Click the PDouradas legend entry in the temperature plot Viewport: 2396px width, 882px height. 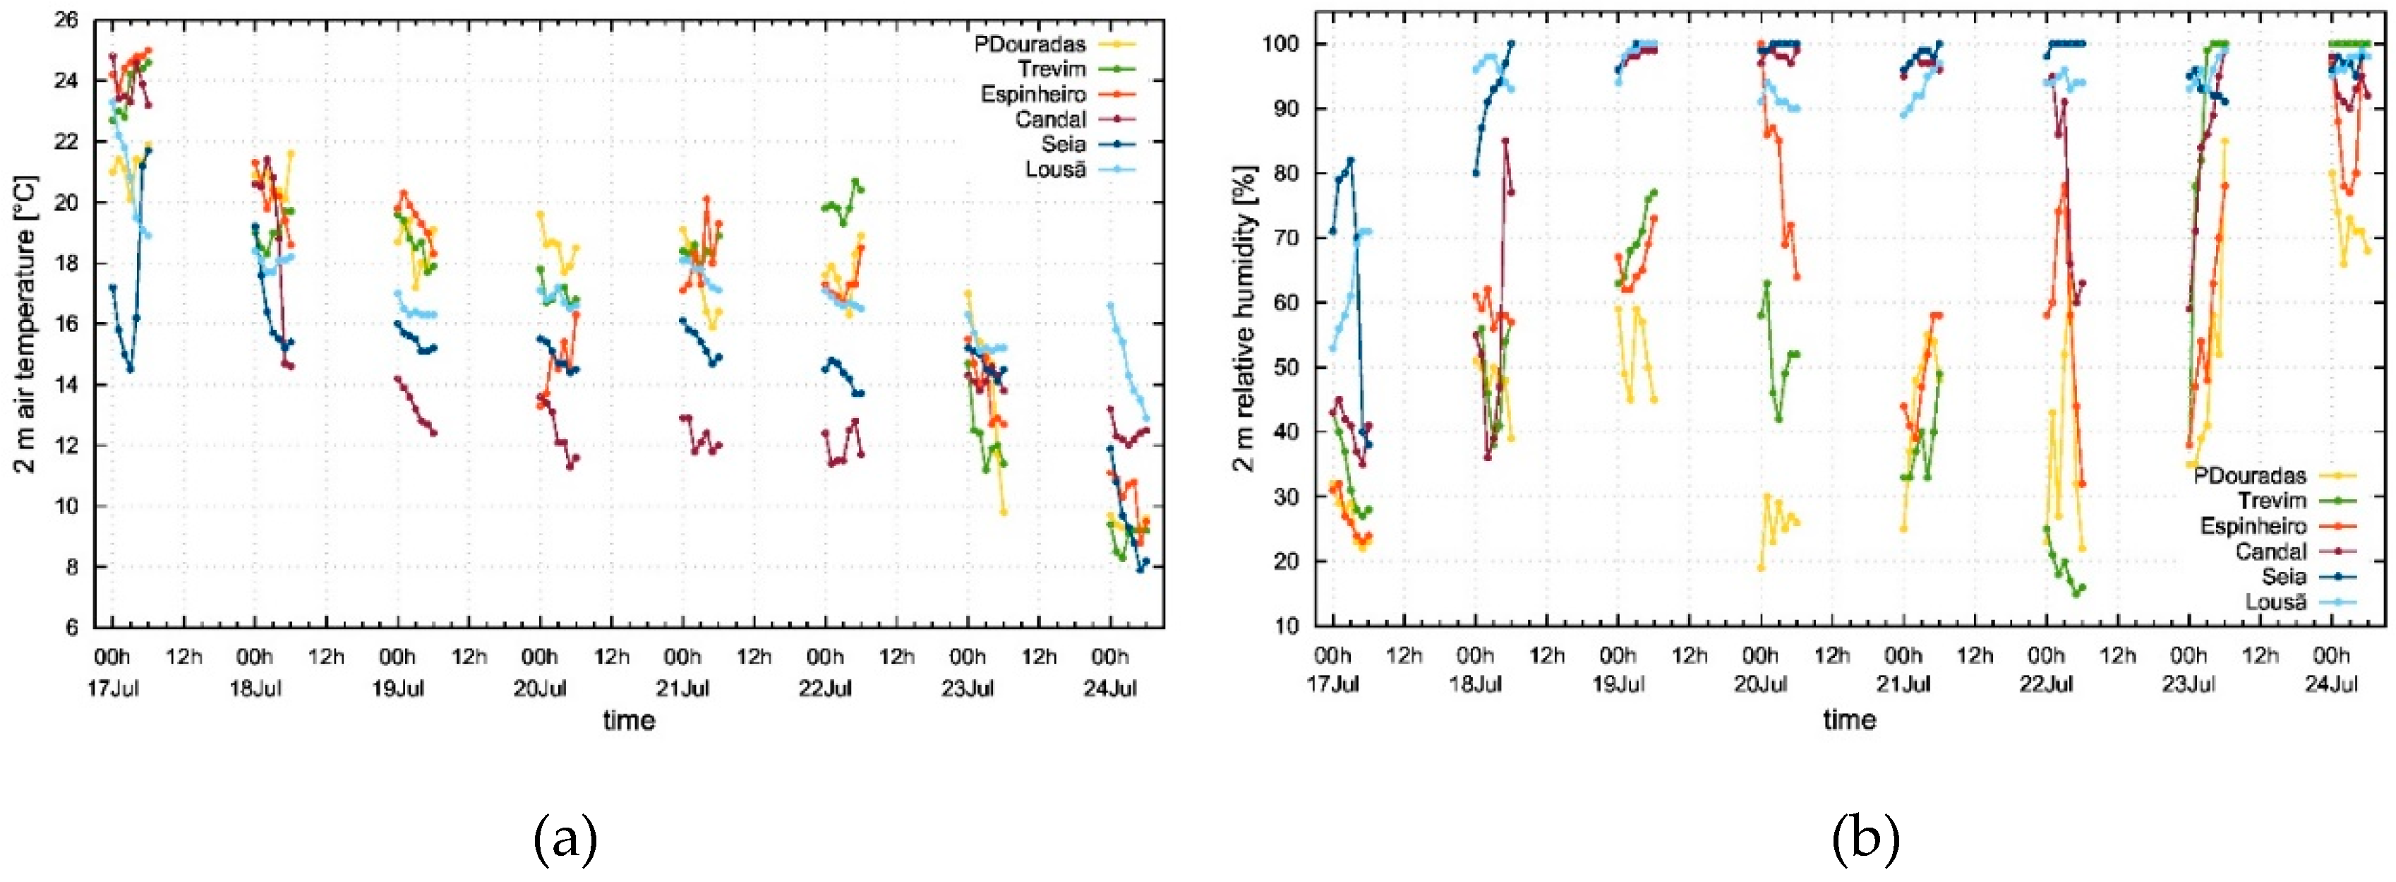(x=1029, y=44)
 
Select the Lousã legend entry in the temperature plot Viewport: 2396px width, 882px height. (x=1055, y=170)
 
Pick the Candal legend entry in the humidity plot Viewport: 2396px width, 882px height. (x=2270, y=552)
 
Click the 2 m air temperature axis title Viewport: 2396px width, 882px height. (x=26, y=323)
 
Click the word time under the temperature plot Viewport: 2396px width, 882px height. (x=629, y=720)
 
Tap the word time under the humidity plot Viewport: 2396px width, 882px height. (x=1848, y=719)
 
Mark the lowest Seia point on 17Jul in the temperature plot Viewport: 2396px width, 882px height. (x=131, y=369)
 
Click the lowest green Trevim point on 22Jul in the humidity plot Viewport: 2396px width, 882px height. (x=2075, y=594)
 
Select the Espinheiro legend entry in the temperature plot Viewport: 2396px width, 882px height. (x=1033, y=95)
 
